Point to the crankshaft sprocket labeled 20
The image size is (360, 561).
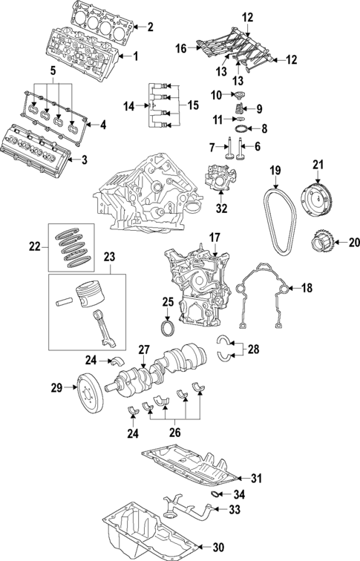[318, 242]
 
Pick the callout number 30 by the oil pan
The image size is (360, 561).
[217, 548]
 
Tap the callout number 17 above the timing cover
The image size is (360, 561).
[214, 238]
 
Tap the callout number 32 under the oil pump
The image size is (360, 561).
[221, 210]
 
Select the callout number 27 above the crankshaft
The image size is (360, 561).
[144, 348]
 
